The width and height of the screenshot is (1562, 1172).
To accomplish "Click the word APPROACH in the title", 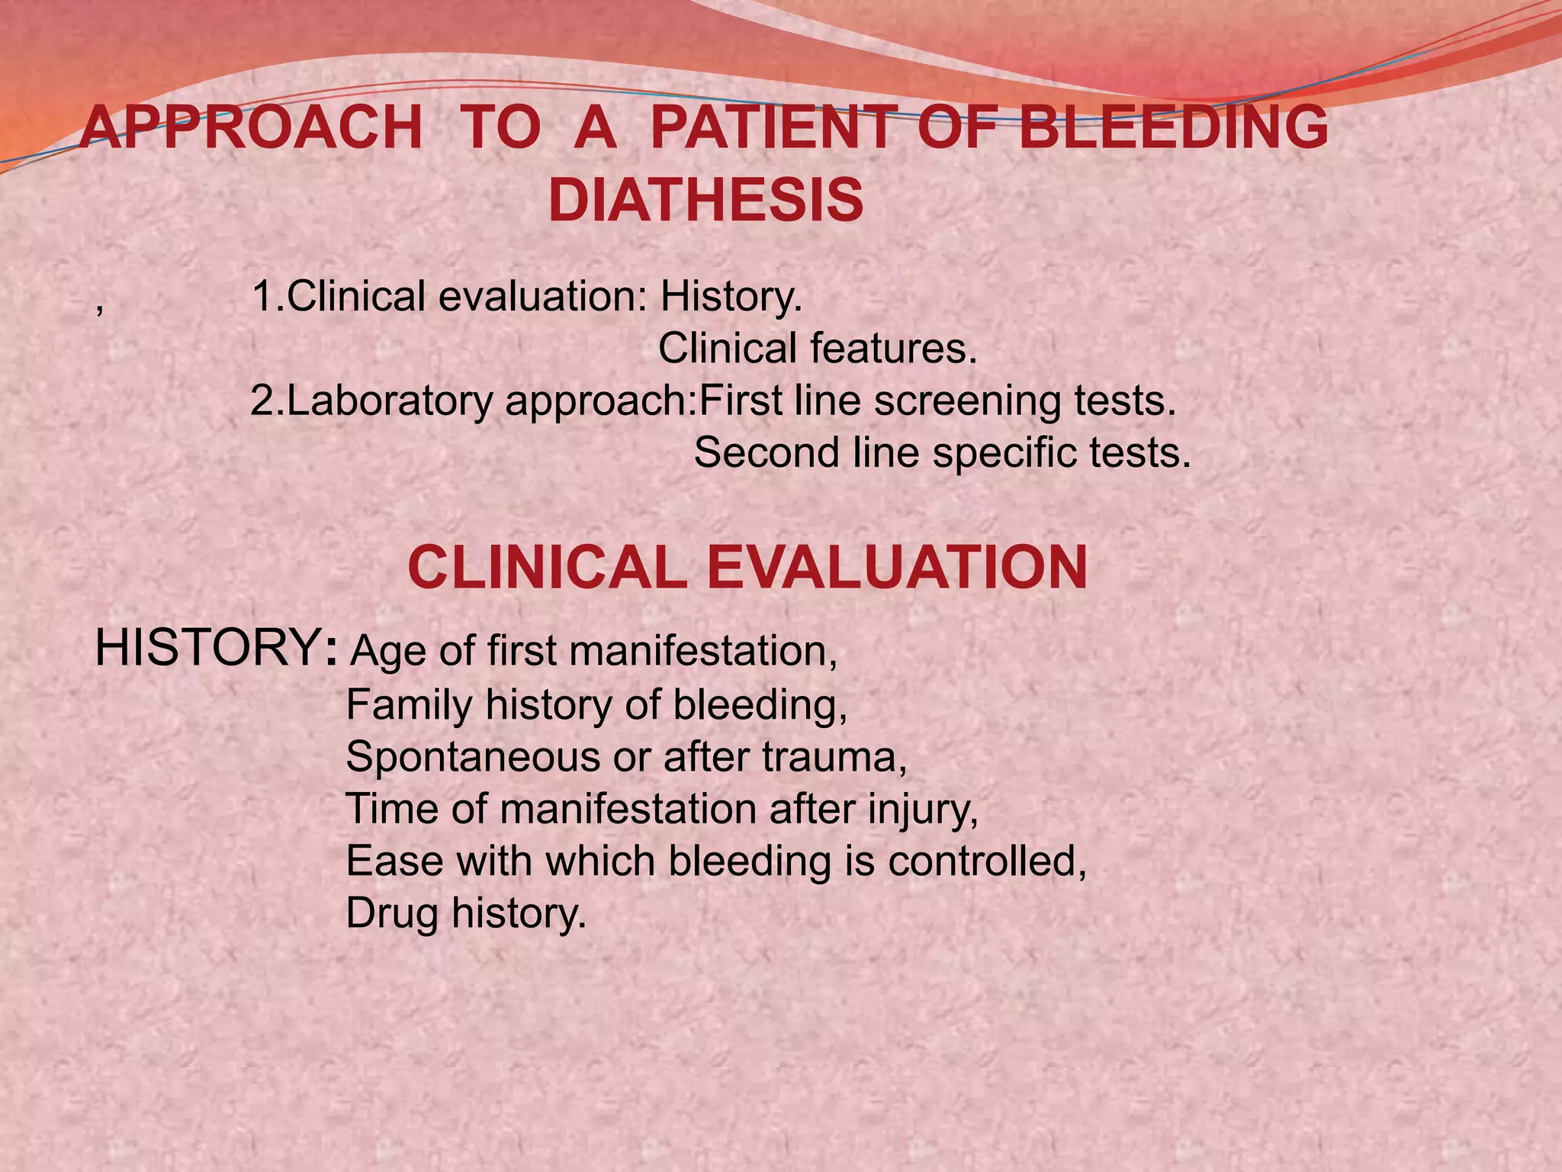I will (x=252, y=127).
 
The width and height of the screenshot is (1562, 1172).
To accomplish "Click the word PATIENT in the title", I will (x=771, y=127).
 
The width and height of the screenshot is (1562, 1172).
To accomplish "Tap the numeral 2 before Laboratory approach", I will (x=263, y=401).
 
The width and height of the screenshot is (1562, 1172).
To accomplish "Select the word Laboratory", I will (x=390, y=401).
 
